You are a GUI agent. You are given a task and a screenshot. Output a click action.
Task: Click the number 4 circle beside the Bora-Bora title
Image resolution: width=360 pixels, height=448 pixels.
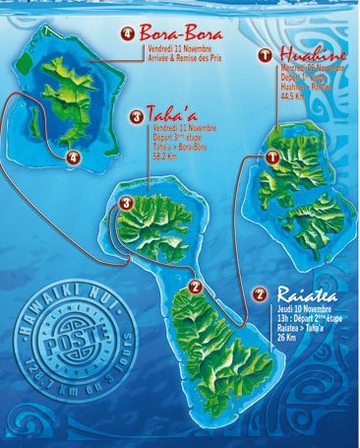pos(128,33)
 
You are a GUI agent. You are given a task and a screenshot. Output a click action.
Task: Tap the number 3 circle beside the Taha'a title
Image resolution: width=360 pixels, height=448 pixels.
pos(136,118)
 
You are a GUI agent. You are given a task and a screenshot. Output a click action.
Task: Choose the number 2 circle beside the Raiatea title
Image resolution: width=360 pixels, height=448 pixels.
pos(259,293)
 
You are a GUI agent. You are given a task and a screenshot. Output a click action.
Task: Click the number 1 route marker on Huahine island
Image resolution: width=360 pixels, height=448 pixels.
pos(272,157)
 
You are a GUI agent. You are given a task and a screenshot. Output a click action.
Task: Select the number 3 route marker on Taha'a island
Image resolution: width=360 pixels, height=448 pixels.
pos(126,204)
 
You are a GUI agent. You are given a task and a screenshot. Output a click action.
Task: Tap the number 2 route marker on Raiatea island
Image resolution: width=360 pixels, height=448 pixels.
pos(195,287)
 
